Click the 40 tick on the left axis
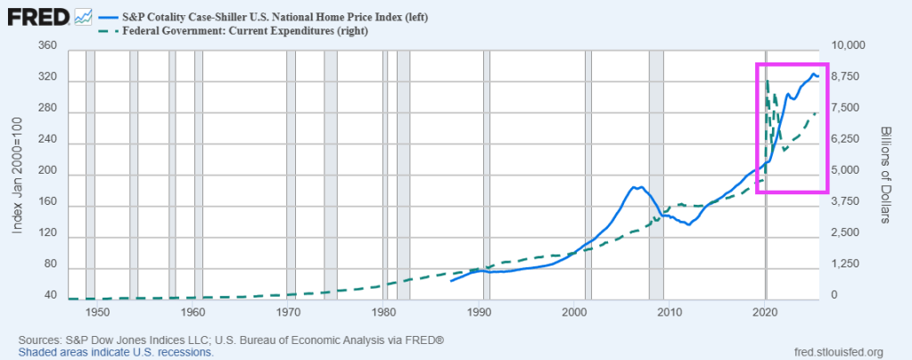pos(50,296)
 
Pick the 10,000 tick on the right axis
pos(849,46)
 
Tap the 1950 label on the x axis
pos(98,314)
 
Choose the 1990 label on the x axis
pos(481,314)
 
